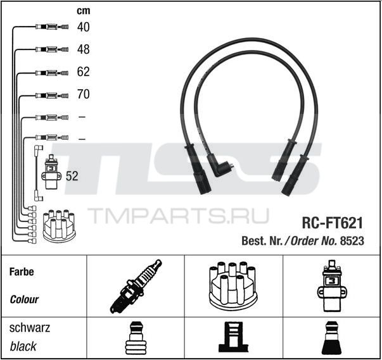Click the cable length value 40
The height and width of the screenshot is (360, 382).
[x=84, y=27]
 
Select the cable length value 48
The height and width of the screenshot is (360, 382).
[x=84, y=49]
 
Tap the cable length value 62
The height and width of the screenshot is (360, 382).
[x=84, y=71]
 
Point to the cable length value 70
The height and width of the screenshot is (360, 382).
[x=84, y=94]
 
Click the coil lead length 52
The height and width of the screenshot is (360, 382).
[x=72, y=176]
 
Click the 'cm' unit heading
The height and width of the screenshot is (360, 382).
[x=84, y=11]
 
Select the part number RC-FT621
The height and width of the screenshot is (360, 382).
[x=333, y=223]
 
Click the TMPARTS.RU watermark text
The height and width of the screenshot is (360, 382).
[x=178, y=216]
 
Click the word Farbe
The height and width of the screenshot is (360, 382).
[x=22, y=271]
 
